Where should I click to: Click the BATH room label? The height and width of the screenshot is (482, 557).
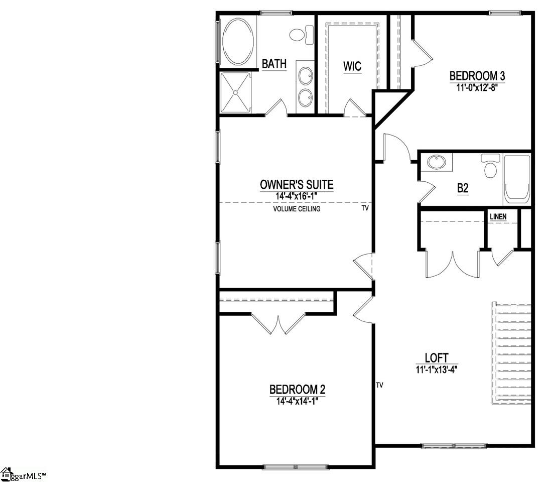pyautogui.click(x=274, y=64)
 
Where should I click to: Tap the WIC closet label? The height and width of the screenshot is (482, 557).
pyautogui.click(x=352, y=67)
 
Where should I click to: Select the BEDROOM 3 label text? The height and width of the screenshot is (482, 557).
pyautogui.click(x=477, y=76)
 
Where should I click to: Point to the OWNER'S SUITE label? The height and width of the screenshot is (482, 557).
pyautogui.click(x=297, y=185)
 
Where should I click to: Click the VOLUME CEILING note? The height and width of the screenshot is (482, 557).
pyautogui.click(x=297, y=209)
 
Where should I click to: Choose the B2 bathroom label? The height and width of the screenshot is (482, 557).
pyautogui.click(x=463, y=188)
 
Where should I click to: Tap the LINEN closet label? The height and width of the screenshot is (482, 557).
pyautogui.click(x=498, y=217)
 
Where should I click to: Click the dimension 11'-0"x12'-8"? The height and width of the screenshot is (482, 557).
pyautogui.click(x=477, y=86)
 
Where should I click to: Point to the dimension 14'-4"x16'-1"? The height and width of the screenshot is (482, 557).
pyautogui.click(x=297, y=196)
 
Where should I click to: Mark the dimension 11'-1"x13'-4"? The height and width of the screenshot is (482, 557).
pyautogui.click(x=437, y=369)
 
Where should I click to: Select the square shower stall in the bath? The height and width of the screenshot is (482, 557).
pyautogui.click(x=235, y=93)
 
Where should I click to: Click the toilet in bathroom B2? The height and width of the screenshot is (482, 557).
pyautogui.click(x=490, y=165)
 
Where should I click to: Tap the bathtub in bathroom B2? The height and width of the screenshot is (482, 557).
pyautogui.click(x=517, y=178)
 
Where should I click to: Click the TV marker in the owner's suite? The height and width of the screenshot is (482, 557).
pyautogui.click(x=365, y=207)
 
